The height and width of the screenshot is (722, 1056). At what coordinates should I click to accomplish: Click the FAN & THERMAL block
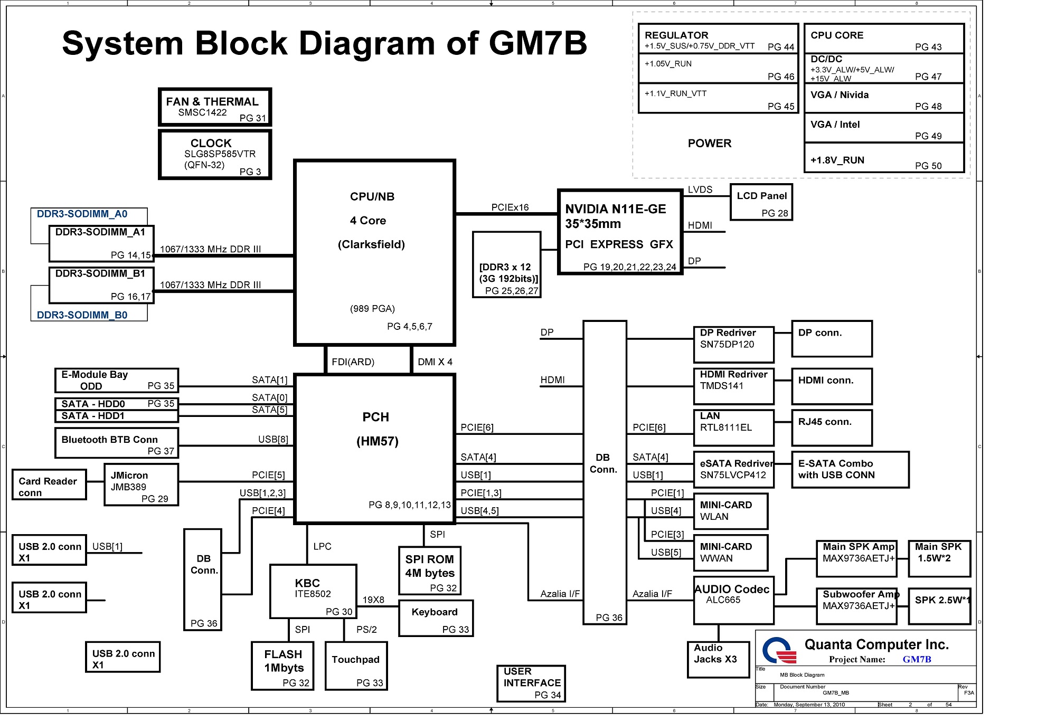pyautogui.click(x=215, y=107)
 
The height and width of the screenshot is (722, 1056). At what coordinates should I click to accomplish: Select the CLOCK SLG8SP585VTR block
pyautogui.click(x=215, y=155)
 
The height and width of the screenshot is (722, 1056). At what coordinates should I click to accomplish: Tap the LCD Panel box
pyautogui.click(x=761, y=202)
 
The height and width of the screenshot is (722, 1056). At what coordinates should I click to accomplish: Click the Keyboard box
pyautogui.click(x=436, y=618)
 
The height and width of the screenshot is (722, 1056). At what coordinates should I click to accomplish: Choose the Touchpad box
pyautogui.click(x=356, y=666)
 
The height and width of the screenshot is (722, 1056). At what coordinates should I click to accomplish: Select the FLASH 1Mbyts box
pyautogui.click(x=282, y=666)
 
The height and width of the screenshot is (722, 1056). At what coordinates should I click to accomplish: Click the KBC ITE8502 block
pyautogui.click(x=313, y=591)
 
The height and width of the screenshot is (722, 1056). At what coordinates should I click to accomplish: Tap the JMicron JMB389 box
pyautogui.click(x=141, y=484)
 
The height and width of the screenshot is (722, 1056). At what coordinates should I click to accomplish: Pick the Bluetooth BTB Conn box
pyautogui.click(x=117, y=443)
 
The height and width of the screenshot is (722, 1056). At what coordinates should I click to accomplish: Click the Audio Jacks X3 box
pyautogui.click(x=718, y=659)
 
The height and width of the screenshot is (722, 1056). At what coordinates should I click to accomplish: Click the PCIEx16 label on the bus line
pyautogui.click(x=510, y=207)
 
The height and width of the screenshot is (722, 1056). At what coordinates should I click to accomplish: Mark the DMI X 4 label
pyautogui.click(x=435, y=362)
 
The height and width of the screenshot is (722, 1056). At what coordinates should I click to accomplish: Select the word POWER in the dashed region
pyautogui.click(x=709, y=144)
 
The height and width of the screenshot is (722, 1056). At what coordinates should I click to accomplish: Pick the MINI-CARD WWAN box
pyautogui.click(x=730, y=553)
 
